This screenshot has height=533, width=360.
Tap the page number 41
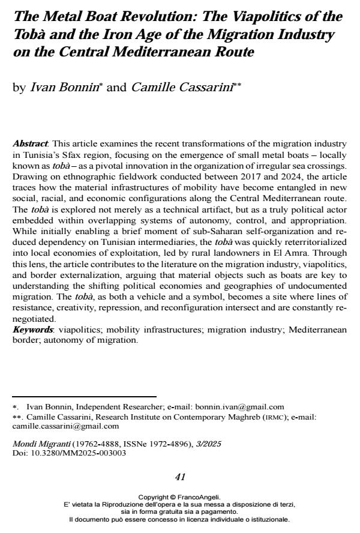click(179, 477)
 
